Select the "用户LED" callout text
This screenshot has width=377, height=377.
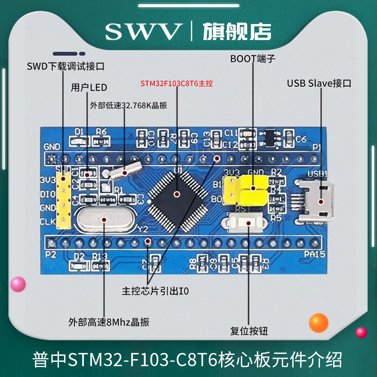pyautogui.click(x=89, y=87)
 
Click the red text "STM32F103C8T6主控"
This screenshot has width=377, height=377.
pyautogui.click(x=177, y=84)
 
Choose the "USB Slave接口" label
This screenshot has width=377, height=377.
pyautogui.click(x=320, y=83)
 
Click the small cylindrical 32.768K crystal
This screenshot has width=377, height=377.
pyautogui.click(x=124, y=172)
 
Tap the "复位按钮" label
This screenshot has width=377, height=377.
pyautogui.click(x=250, y=331)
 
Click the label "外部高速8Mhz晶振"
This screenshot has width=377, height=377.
pyautogui.click(x=109, y=322)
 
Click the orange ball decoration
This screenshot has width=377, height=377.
pyautogui.click(x=319, y=323)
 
